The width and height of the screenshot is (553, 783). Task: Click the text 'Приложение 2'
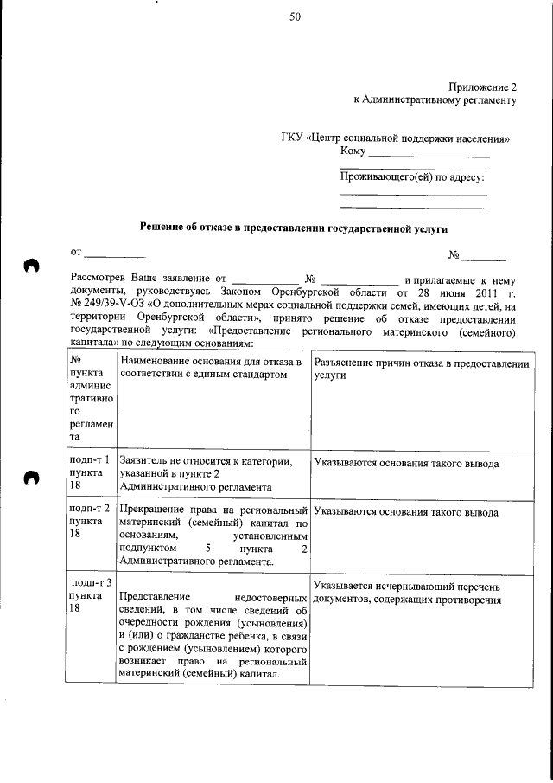[x=482, y=87]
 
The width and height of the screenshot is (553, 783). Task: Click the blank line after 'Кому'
[x=429, y=153]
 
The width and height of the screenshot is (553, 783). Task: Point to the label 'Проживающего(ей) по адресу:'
[x=412, y=177]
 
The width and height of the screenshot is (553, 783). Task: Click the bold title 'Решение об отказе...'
[x=296, y=228]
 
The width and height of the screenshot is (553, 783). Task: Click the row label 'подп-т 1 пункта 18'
[x=90, y=473]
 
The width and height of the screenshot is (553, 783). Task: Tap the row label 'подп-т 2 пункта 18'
[x=90, y=523]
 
